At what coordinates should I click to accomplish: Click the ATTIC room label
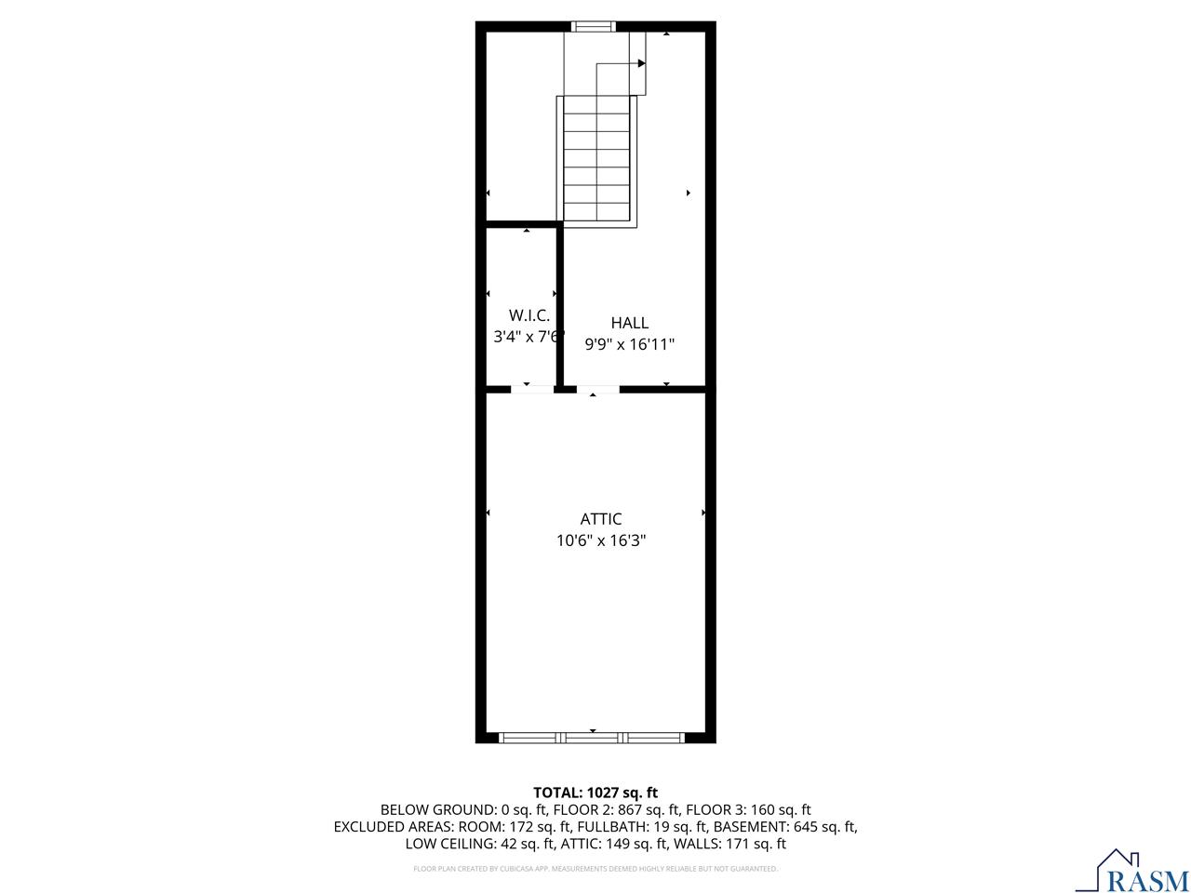click(600, 519)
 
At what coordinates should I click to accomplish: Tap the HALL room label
click(630, 323)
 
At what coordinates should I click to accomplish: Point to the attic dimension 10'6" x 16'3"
click(601, 540)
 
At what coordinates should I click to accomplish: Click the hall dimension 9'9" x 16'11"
click(630, 344)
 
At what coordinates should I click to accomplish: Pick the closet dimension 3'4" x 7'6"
click(528, 337)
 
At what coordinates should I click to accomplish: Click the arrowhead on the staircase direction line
click(641, 63)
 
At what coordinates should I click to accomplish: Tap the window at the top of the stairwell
click(593, 26)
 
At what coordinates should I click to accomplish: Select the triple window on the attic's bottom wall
click(592, 738)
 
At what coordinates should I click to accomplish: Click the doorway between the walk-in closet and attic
click(532, 390)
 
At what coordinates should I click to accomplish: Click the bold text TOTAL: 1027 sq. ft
click(595, 793)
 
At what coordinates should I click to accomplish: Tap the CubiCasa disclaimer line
click(595, 869)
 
